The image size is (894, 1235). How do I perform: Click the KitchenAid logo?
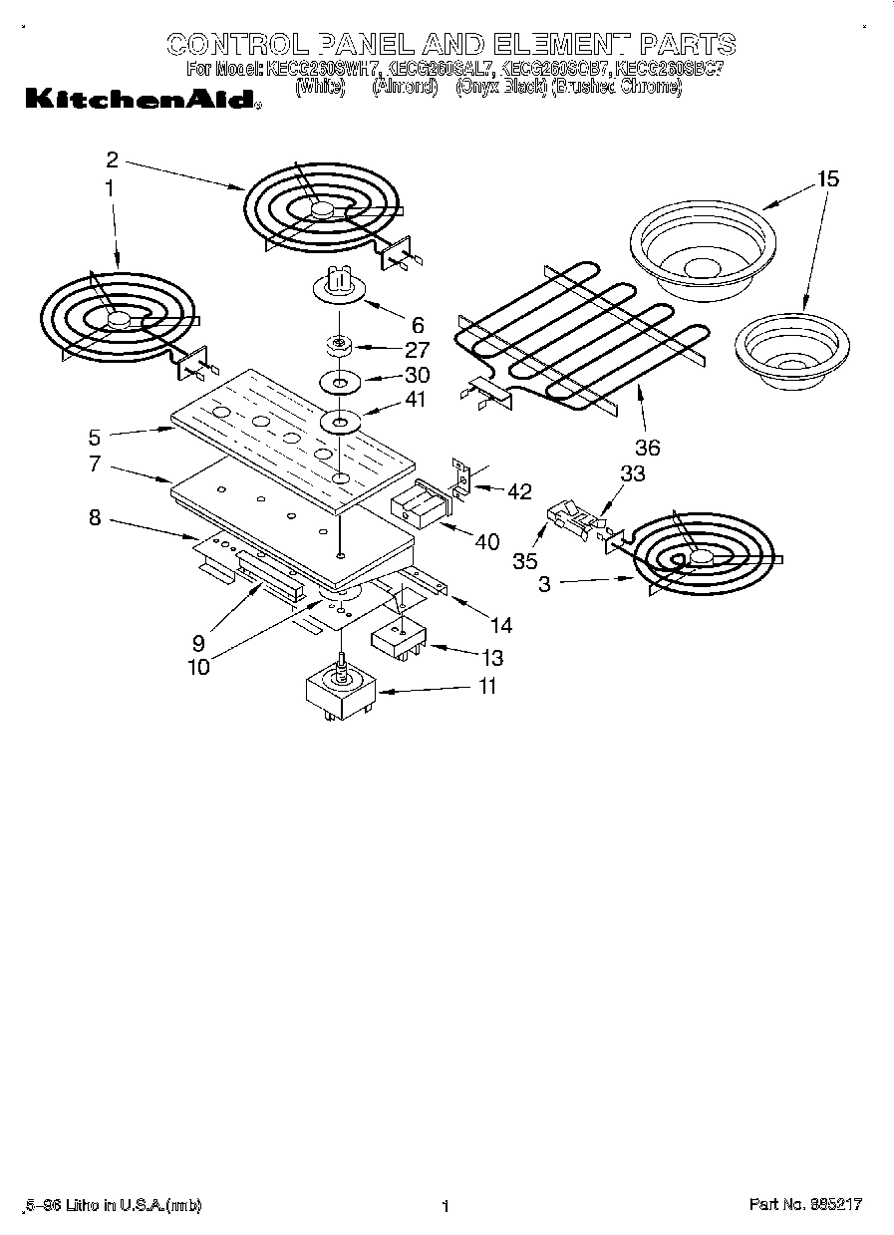pos(139,100)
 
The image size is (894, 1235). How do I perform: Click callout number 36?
pos(647,448)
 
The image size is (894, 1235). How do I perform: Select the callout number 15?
pos(828,179)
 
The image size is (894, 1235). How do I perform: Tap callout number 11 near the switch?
pos(486,687)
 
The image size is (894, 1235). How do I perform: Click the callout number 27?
pos(418,349)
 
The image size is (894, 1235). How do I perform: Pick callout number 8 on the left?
pos(95,517)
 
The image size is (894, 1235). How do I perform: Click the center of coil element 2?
pos(322,208)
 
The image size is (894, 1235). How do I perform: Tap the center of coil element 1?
pos(119,318)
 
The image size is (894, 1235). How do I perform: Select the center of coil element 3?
pos(701,558)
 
